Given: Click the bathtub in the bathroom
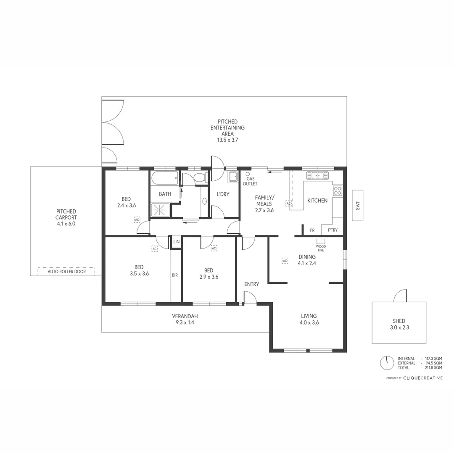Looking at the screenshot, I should (164, 178).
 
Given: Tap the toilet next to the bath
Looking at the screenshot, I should (200, 178).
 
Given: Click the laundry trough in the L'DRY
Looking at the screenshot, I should (232, 177).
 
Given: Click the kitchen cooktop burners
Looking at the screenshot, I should (338, 191).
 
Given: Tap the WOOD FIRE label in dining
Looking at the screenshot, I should (321, 247).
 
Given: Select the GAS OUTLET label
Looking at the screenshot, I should (250, 181).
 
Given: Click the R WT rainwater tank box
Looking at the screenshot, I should (357, 206).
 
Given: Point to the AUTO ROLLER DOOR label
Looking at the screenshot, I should (66, 272).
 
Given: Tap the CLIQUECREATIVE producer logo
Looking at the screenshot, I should (422, 378).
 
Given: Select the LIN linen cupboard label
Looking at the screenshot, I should (176, 242).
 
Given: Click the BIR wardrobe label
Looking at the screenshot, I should (175, 275).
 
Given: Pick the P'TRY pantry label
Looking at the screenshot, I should (333, 230).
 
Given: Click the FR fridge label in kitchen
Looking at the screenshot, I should (312, 230).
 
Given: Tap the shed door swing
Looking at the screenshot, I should (400, 296).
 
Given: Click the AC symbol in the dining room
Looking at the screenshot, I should (285, 261).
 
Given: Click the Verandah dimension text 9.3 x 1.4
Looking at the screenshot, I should (185, 322).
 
